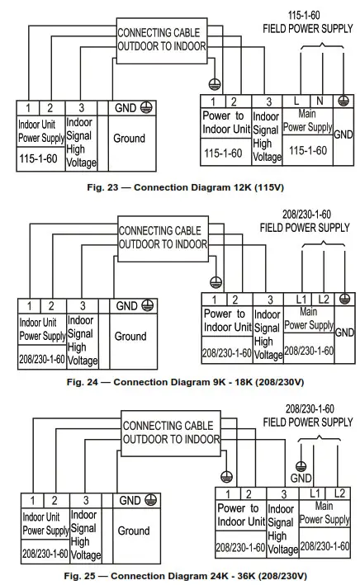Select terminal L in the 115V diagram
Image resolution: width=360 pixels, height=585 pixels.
pos(296,100)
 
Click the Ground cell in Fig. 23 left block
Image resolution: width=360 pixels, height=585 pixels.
pos(129,139)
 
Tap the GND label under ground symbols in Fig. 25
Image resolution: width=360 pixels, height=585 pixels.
pos(301,478)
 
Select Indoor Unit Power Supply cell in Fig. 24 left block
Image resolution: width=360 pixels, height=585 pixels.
pos(42,329)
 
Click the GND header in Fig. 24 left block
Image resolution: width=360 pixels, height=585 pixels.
pos(130,306)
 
